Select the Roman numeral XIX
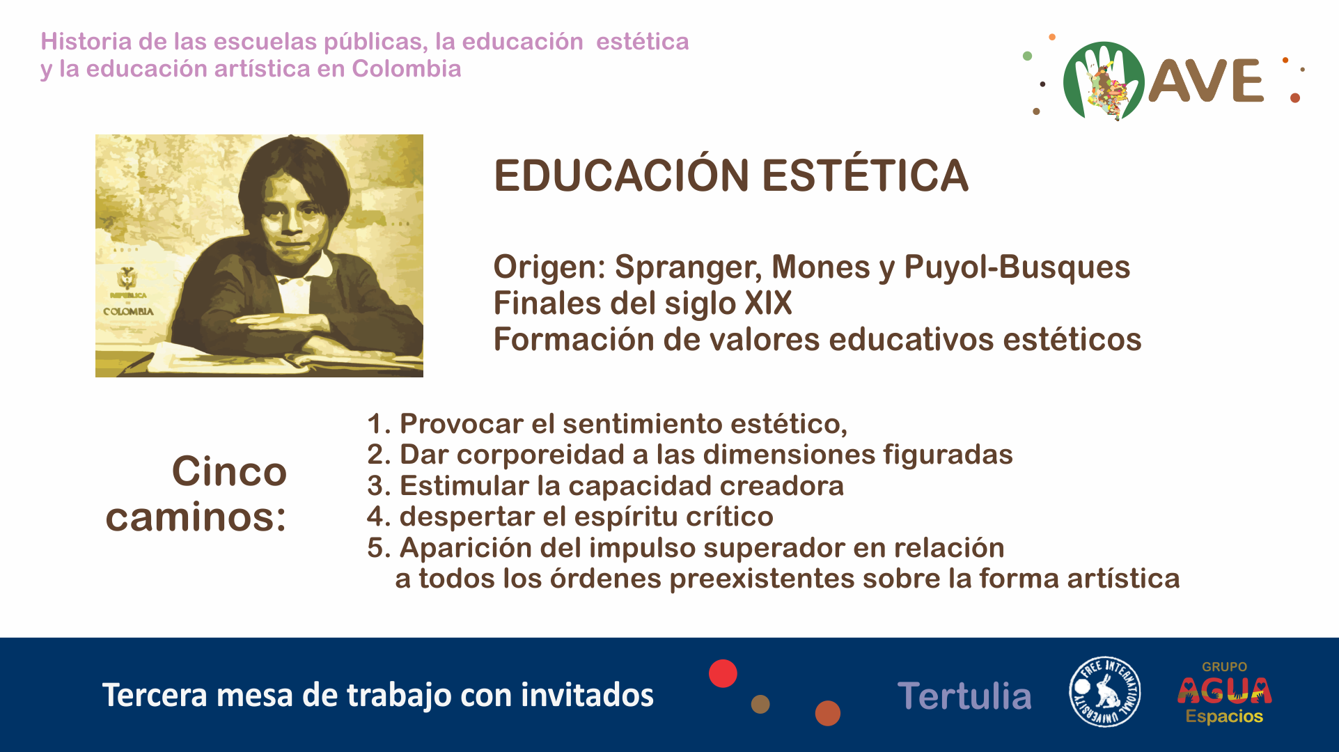click(x=769, y=303)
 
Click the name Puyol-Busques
click(x=1017, y=267)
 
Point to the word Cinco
click(x=229, y=471)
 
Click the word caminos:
click(x=196, y=517)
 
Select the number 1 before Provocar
click(x=375, y=424)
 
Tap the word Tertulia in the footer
click(x=964, y=696)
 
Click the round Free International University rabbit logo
click(x=1104, y=691)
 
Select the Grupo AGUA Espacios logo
click(x=1225, y=692)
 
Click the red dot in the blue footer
click(x=723, y=673)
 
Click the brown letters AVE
click(x=1205, y=81)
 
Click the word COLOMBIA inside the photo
click(x=128, y=311)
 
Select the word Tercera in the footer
click(x=155, y=695)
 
